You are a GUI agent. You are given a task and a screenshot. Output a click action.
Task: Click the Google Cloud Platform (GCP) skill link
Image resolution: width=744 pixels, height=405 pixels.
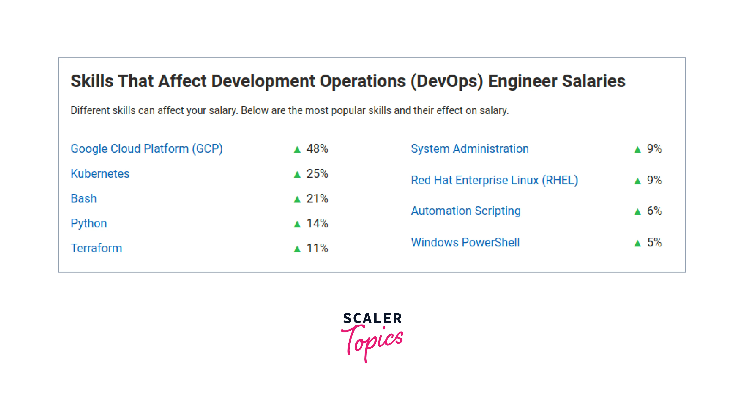(x=146, y=149)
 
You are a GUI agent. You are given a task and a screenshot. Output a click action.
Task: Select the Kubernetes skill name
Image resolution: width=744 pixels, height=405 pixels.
(x=100, y=174)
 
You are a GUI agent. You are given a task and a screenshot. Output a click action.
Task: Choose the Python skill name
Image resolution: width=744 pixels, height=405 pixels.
(x=89, y=223)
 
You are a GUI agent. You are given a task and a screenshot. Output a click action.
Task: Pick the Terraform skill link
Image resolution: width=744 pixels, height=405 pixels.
(x=96, y=248)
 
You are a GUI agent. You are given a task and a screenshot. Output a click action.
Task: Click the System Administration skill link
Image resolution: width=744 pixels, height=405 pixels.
(x=470, y=149)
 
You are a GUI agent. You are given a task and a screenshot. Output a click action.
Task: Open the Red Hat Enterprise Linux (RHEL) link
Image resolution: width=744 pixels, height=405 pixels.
(x=494, y=180)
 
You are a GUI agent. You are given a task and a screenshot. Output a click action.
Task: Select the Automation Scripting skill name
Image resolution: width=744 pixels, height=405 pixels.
(x=466, y=211)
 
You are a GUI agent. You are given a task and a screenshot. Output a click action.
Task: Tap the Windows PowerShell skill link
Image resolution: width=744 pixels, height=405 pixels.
(x=465, y=243)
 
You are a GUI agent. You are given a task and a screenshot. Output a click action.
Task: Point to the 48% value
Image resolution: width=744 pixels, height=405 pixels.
(x=317, y=149)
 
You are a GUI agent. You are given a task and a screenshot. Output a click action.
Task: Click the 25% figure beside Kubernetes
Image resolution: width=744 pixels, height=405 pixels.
(x=317, y=174)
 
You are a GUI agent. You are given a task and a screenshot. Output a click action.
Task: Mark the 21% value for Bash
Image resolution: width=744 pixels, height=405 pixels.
(x=317, y=199)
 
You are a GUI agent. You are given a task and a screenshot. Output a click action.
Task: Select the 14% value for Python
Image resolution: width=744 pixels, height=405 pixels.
(x=317, y=223)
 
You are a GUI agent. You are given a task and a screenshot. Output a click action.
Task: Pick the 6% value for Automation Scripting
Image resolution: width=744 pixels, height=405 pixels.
(x=654, y=211)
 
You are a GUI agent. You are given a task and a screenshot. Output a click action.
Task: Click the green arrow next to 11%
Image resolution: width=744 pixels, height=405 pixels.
(x=297, y=249)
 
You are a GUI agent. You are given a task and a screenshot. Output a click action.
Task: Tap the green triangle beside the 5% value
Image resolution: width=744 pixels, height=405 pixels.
(x=637, y=243)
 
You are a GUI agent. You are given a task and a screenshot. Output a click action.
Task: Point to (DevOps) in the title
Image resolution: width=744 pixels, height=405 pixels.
(x=447, y=81)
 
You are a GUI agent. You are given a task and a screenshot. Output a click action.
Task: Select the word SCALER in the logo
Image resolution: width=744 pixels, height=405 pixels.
(x=372, y=318)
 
